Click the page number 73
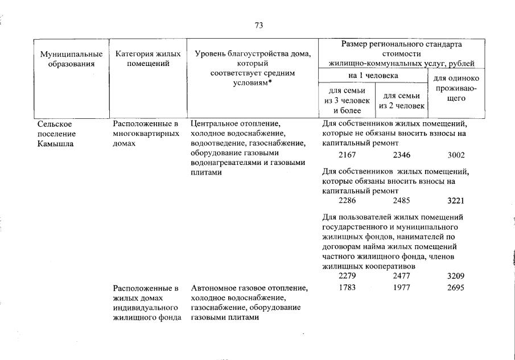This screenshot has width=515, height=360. click(259, 26)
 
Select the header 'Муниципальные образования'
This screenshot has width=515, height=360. click(72, 59)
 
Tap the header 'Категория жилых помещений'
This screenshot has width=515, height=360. click(148, 59)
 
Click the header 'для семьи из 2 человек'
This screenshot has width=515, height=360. click(402, 101)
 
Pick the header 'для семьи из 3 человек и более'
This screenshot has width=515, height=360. click(347, 101)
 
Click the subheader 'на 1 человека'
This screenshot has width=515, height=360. click(373, 75)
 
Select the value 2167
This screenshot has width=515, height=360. click(347, 155)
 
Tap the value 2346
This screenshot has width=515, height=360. click(402, 155)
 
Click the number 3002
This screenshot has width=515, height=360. click(456, 155)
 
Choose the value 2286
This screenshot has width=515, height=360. click(347, 201)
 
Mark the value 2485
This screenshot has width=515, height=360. click(402, 201)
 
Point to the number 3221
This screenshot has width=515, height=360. click(456, 201)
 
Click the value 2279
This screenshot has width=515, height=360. click(347, 276)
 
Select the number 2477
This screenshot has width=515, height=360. click(402, 276)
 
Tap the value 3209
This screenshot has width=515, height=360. click(456, 276)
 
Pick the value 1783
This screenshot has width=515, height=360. click(347, 288)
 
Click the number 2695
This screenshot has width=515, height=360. click(456, 288)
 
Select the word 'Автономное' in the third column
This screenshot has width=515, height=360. click(213, 288)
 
